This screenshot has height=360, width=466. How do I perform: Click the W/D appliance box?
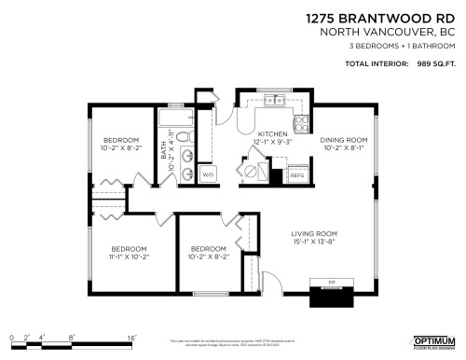[x=207, y=174]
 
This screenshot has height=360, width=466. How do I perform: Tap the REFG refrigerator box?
[x=298, y=174]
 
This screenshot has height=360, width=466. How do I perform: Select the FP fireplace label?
[x=332, y=281]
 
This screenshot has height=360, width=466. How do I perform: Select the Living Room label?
[x=313, y=233]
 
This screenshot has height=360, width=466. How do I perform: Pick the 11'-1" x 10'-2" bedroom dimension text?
[x=130, y=256]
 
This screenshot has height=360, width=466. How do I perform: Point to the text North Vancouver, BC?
[x=392, y=32]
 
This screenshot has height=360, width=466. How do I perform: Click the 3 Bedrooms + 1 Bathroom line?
[x=400, y=46]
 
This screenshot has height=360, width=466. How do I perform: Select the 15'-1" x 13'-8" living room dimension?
[x=313, y=242]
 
